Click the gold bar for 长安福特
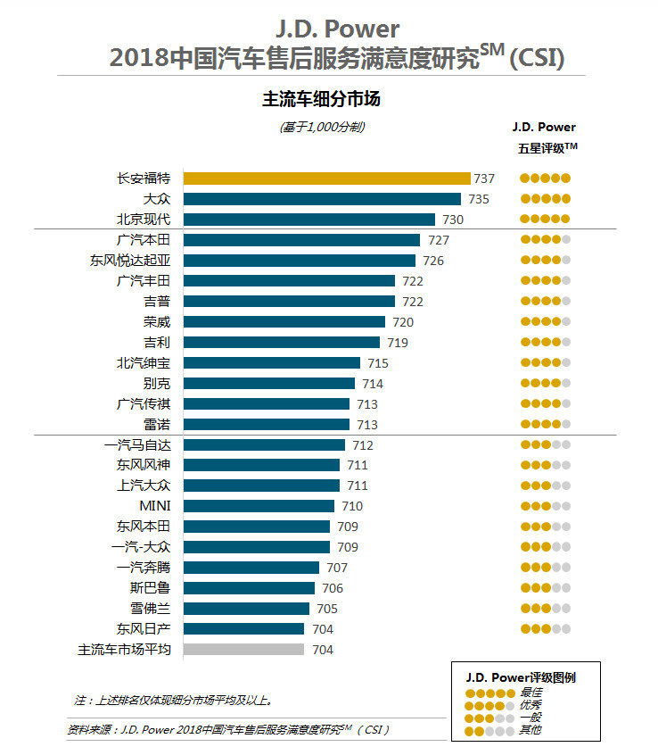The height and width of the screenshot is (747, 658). pyautogui.click(x=326, y=178)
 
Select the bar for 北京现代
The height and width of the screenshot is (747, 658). pyautogui.click(x=309, y=220)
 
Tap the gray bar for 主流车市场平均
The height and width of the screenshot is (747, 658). pyautogui.click(x=243, y=650)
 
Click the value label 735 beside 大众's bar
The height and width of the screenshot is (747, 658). pyautogui.click(x=479, y=199)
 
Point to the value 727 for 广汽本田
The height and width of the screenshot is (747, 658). pyautogui.click(x=438, y=240)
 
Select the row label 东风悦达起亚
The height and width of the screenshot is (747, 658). pyautogui.click(x=130, y=261)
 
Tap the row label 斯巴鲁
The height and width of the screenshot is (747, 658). pyautogui.click(x=150, y=588)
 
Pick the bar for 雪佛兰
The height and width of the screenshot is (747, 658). pyautogui.click(x=246, y=609)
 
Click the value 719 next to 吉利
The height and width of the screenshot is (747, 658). pyautogui.click(x=397, y=343)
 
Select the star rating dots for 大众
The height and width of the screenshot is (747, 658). pyautogui.click(x=545, y=199)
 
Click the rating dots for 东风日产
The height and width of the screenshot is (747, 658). pyautogui.click(x=545, y=629)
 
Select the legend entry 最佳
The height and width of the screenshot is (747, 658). pyautogui.click(x=531, y=693)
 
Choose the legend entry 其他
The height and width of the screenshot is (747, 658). pyautogui.click(x=531, y=731)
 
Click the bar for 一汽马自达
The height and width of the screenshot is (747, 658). pyautogui.click(x=264, y=445)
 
